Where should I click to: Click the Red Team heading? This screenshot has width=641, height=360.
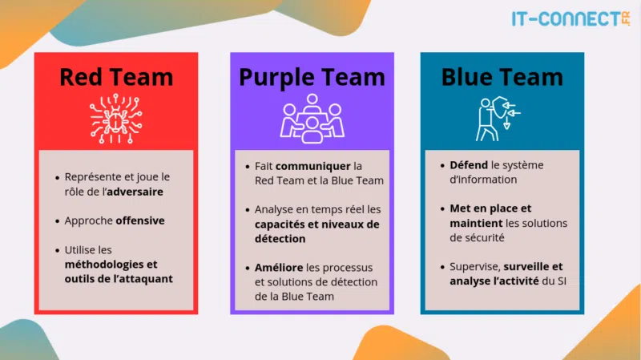[x=116, y=77]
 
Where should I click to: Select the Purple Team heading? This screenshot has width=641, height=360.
[x=312, y=77]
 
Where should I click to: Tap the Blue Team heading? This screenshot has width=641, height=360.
[x=502, y=77]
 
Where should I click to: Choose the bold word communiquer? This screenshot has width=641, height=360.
[x=313, y=166]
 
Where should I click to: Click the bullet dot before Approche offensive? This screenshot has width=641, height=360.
[x=57, y=220]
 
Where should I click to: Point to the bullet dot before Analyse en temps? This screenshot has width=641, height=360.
[x=247, y=210]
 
